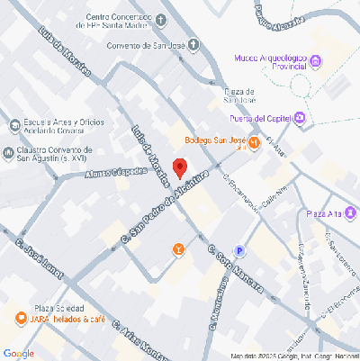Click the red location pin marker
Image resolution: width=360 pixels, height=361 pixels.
tap(180, 167)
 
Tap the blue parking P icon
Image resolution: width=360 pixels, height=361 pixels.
tap(239, 251)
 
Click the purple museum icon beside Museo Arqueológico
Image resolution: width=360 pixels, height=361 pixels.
tap(315, 61)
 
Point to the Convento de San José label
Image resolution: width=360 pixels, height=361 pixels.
tap(142, 47)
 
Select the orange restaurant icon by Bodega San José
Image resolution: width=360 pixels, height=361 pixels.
tap(255, 141)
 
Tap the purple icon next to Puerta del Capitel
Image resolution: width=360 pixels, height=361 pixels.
tap(301, 118)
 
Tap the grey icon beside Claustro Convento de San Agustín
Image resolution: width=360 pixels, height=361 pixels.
tap(9, 152)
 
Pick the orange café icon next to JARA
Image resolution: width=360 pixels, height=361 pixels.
tap(20, 318)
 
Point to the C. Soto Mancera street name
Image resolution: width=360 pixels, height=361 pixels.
tap(235, 271)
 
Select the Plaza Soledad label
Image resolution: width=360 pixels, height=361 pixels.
tap(60, 307)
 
